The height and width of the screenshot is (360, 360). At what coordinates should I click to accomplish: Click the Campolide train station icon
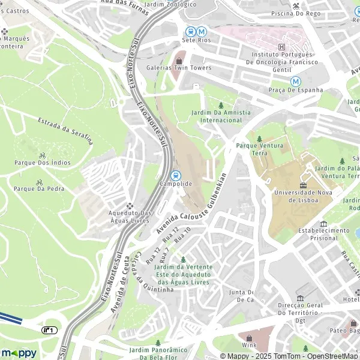click(176, 175)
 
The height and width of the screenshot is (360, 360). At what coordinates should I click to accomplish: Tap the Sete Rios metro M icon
click(202, 31)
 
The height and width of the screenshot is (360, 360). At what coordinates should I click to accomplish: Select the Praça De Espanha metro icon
click(295, 81)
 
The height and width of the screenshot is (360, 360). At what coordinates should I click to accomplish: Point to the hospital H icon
click(282, 47)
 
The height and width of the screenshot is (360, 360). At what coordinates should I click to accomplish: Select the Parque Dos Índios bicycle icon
click(42, 154)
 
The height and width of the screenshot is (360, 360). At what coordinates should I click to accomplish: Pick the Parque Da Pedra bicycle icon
click(40, 182)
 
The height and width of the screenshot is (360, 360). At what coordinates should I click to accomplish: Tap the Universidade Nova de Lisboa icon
click(303, 184)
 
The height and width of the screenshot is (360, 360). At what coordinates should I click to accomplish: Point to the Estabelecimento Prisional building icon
click(324, 223)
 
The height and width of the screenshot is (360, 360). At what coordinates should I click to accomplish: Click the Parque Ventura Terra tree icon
click(259, 138)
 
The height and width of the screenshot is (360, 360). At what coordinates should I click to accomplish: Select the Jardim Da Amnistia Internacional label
click(221, 116)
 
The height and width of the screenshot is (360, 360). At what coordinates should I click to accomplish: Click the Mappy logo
click(19, 353)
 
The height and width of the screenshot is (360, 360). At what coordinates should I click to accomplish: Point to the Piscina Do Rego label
click(295, 13)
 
